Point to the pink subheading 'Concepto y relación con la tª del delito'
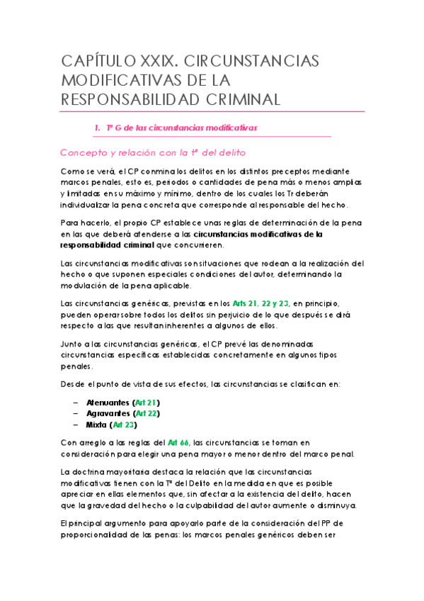(x=153, y=152)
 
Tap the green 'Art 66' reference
(x=177, y=442)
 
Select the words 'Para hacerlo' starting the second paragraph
(x=86, y=222)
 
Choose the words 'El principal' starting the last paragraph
(x=86, y=522)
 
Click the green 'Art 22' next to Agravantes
(x=147, y=413)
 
